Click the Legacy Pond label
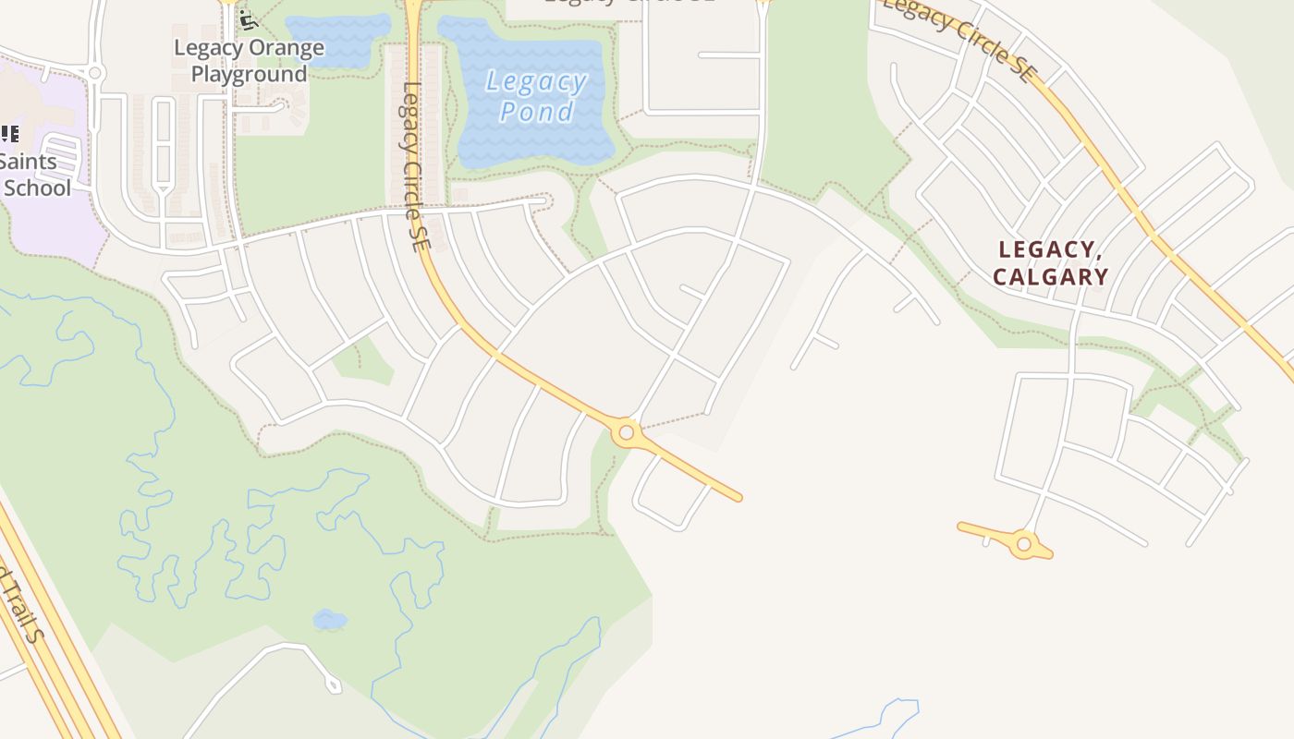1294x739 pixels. pyautogui.click(x=536, y=96)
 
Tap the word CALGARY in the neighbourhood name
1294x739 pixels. pyautogui.click(x=1050, y=276)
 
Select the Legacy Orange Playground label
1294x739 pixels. pyautogui.click(x=249, y=61)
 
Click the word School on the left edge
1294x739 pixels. pyautogui.click(x=38, y=188)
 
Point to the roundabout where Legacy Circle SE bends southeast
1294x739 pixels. pyautogui.click(x=627, y=431)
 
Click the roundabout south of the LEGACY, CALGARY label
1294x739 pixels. pyautogui.click(x=1023, y=544)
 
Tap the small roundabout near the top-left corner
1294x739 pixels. pyautogui.click(x=95, y=72)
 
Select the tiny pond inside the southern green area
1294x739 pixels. pyautogui.click(x=329, y=620)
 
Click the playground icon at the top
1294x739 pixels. pyautogui.click(x=245, y=18)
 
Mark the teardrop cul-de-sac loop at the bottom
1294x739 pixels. pyautogui.click(x=332, y=684)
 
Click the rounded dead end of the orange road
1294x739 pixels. pyautogui.click(x=736, y=497)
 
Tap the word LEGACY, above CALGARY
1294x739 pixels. pyautogui.click(x=1046, y=249)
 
